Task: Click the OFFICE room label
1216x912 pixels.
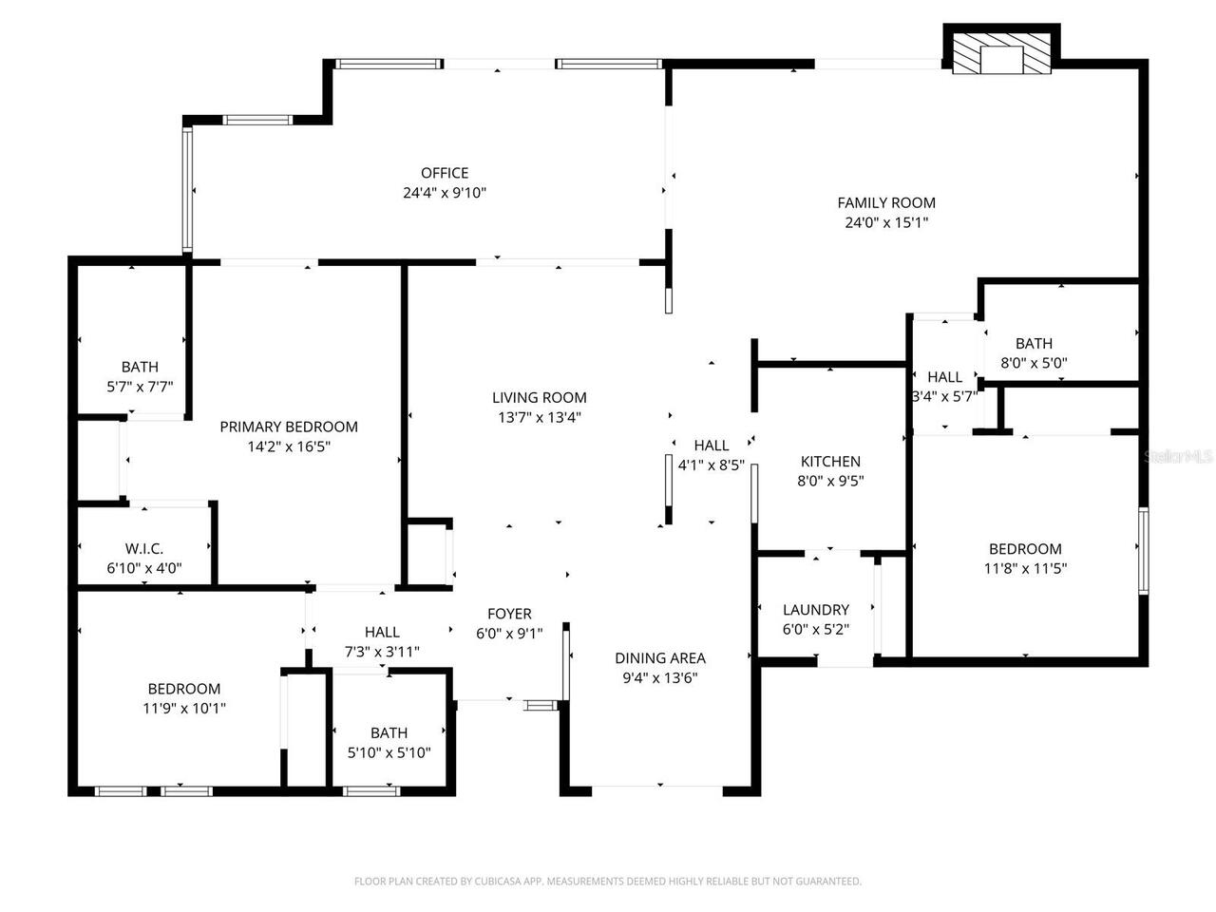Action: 445,173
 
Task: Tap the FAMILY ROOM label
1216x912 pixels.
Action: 885,202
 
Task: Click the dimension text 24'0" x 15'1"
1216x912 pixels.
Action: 885,223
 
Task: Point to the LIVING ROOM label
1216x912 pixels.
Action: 539,397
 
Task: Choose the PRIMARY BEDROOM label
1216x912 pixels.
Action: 289,427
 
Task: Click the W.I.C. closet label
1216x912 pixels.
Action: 144,549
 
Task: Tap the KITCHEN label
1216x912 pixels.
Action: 829,462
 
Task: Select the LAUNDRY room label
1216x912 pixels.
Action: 815,610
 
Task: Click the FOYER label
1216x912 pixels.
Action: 509,614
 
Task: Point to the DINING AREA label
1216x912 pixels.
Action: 659,657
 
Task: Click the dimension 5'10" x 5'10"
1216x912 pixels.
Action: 389,753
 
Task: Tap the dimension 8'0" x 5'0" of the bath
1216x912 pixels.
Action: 1034,363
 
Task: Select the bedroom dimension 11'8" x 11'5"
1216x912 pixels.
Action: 1025,569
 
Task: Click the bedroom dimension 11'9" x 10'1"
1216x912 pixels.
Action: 184,709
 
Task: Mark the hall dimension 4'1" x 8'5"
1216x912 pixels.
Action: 711,465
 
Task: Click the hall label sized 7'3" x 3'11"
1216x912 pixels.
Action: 382,632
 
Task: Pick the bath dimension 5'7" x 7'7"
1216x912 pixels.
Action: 140,387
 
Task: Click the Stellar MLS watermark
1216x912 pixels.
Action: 1179,457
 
